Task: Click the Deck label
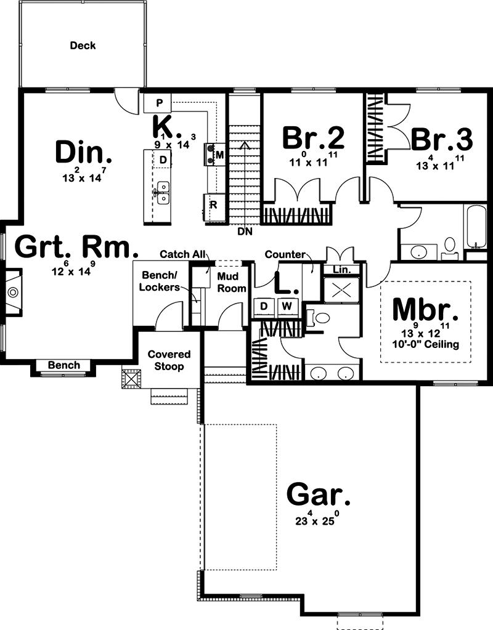tap(83, 46)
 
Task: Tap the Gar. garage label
tap(319, 494)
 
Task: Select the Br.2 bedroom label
tap(313, 139)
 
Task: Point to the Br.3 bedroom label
tap(442, 139)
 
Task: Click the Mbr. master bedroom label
tap(426, 309)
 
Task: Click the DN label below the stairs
tap(245, 232)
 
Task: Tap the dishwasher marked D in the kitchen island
tap(163, 160)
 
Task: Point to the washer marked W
tap(286, 306)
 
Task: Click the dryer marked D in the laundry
tap(264, 306)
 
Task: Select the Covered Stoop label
tap(169, 360)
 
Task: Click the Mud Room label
tap(232, 282)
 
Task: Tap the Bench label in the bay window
tap(64, 365)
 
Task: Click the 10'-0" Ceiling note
tap(426, 344)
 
